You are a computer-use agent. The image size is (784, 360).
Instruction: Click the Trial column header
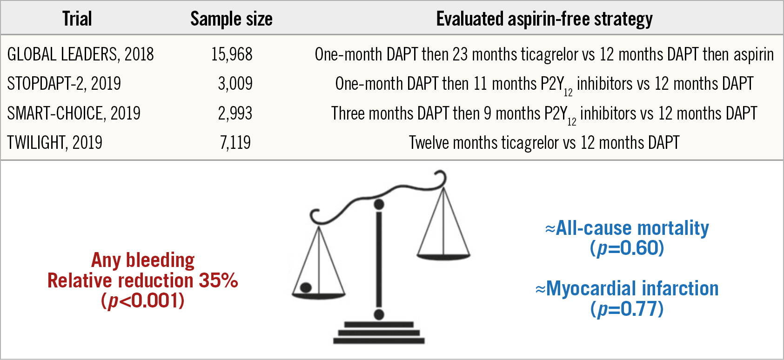pyautogui.click(x=77, y=19)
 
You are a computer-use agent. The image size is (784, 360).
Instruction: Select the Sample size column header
pyautogui.click(x=231, y=19)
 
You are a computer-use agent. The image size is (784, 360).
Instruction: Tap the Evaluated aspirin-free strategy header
pyautogui.click(x=544, y=19)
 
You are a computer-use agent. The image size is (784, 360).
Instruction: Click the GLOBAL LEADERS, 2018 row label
pyautogui.click(x=80, y=54)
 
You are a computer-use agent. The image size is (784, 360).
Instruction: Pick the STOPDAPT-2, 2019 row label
pyautogui.click(x=64, y=84)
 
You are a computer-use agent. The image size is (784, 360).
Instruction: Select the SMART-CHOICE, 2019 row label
pyautogui.click(x=74, y=113)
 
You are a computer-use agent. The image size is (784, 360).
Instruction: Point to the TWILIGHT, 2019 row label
pyautogui.click(x=54, y=142)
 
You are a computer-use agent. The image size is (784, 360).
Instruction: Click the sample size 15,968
pyautogui.click(x=232, y=54)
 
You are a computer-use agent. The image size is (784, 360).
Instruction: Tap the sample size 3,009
pyautogui.click(x=235, y=84)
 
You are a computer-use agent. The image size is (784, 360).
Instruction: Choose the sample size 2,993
pyautogui.click(x=235, y=113)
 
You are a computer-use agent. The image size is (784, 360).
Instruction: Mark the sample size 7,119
pyautogui.click(x=235, y=142)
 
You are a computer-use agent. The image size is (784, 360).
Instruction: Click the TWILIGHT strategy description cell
pyautogui.click(x=544, y=142)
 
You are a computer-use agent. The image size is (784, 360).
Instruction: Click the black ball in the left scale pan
pyautogui.click(x=306, y=287)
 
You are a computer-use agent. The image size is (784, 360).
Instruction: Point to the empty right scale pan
pyautogui.click(x=443, y=255)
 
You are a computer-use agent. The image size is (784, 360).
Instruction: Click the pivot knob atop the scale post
pyautogui.click(x=379, y=204)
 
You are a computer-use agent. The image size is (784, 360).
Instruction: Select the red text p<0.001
pyautogui.click(x=143, y=301)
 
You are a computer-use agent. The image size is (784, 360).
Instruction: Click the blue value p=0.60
pyautogui.click(x=627, y=248)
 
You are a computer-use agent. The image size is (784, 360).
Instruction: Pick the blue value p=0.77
pyautogui.click(x=627, y=309)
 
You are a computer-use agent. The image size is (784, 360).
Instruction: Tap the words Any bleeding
pyautogui.click(x=143, y=260)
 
